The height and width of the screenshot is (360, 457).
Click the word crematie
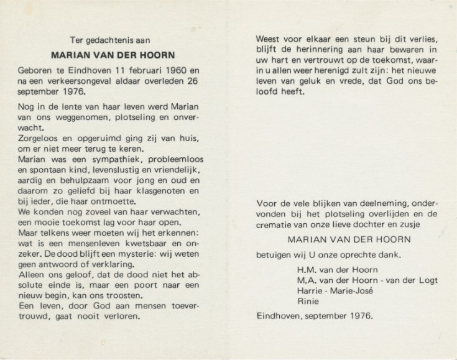277,224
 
